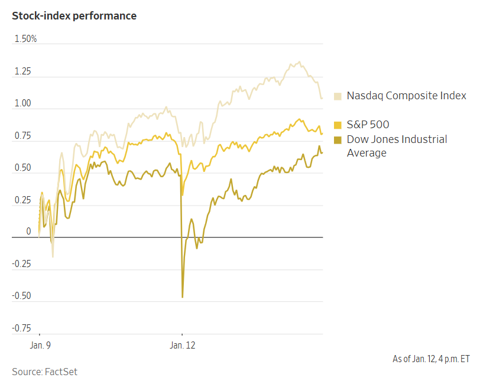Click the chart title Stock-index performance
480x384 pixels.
click(74, 16)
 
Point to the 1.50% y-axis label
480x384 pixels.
click(26, 39)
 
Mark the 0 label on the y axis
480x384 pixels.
click(28, 232)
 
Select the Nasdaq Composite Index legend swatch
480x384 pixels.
click(338, 96)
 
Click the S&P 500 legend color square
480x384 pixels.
click(338, 125)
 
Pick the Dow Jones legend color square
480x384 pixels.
click(338, 139)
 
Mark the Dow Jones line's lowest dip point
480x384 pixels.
click(182, 297)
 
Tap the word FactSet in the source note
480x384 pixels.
click(61, 372)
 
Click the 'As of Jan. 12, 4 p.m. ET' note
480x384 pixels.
click(431, 359)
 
